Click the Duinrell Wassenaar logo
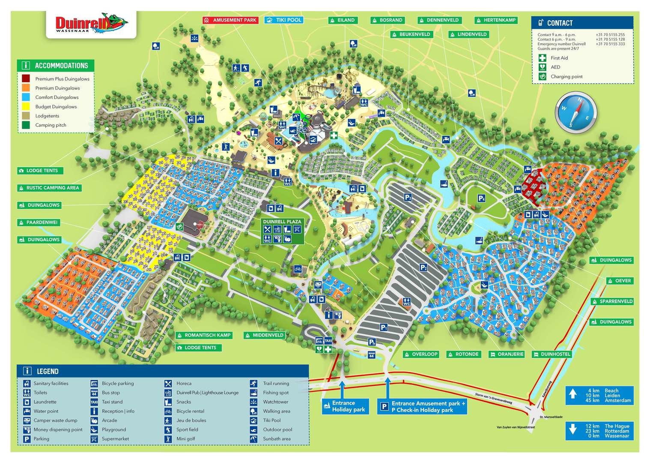click(x=91, y=24)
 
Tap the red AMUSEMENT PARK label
click(x=230, y=20)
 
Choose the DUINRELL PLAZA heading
click(x=282, y=222)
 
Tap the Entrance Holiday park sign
click(x=346, y=406)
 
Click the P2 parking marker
click(x=423, y=268)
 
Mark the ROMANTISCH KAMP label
click(x=204, y=335)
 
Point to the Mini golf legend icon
click(x=169, y=439)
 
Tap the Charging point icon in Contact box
click(x=543, y=77)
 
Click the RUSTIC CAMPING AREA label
click(x=49, y=188)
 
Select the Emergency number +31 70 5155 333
click(x=610, y=44)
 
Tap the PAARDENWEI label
click(x=39, y=222)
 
